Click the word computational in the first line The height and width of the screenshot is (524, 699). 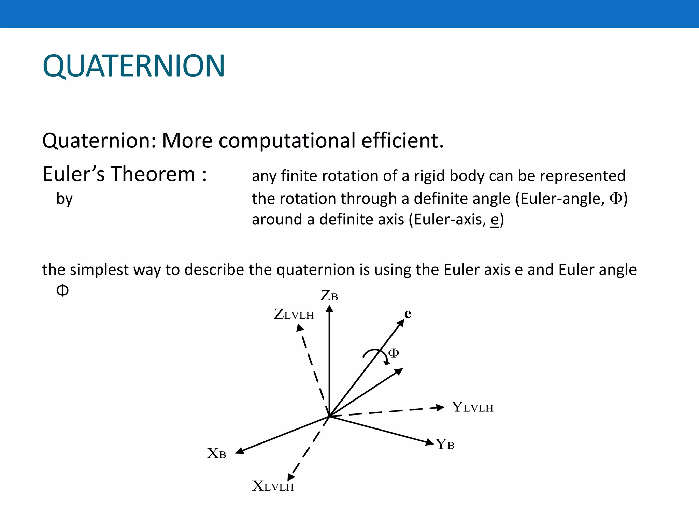(287, 141)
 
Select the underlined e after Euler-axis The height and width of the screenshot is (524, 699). (495, 219)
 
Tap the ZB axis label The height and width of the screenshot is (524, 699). (329, 296)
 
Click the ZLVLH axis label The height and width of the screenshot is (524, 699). (294, 314)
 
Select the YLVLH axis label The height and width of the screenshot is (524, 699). (472, 407)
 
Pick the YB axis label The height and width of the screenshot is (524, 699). (445, 444)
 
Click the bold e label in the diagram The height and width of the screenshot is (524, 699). (408, 314)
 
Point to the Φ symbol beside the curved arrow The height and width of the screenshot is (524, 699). (394, 353)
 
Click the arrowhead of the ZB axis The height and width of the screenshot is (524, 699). (329, 309)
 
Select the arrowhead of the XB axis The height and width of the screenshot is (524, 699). (240, 451)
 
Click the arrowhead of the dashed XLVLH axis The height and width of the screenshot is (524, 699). (291, 477)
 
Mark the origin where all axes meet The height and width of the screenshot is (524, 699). (329, 416)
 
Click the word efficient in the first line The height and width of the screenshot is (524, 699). (402, 141)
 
